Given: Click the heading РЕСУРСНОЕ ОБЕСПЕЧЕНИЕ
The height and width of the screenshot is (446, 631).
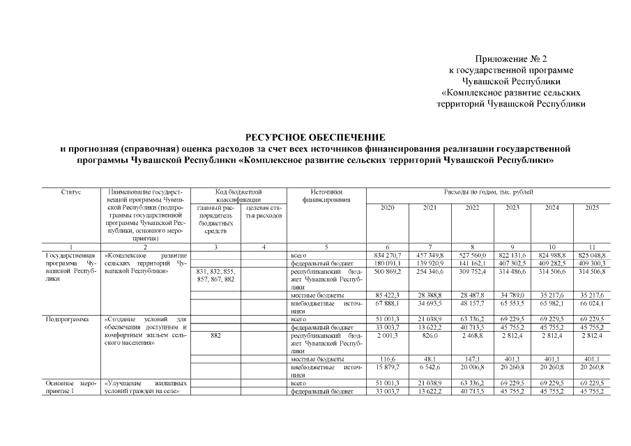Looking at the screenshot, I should click(315, 137).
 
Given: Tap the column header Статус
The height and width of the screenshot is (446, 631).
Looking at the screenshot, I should click(71, 191).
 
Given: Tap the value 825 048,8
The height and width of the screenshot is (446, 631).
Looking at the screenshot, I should click(591, 256).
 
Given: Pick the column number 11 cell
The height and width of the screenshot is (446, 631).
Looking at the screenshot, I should click(591, 248).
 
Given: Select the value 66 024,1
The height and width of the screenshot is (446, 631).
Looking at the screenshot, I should click(591, 303).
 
